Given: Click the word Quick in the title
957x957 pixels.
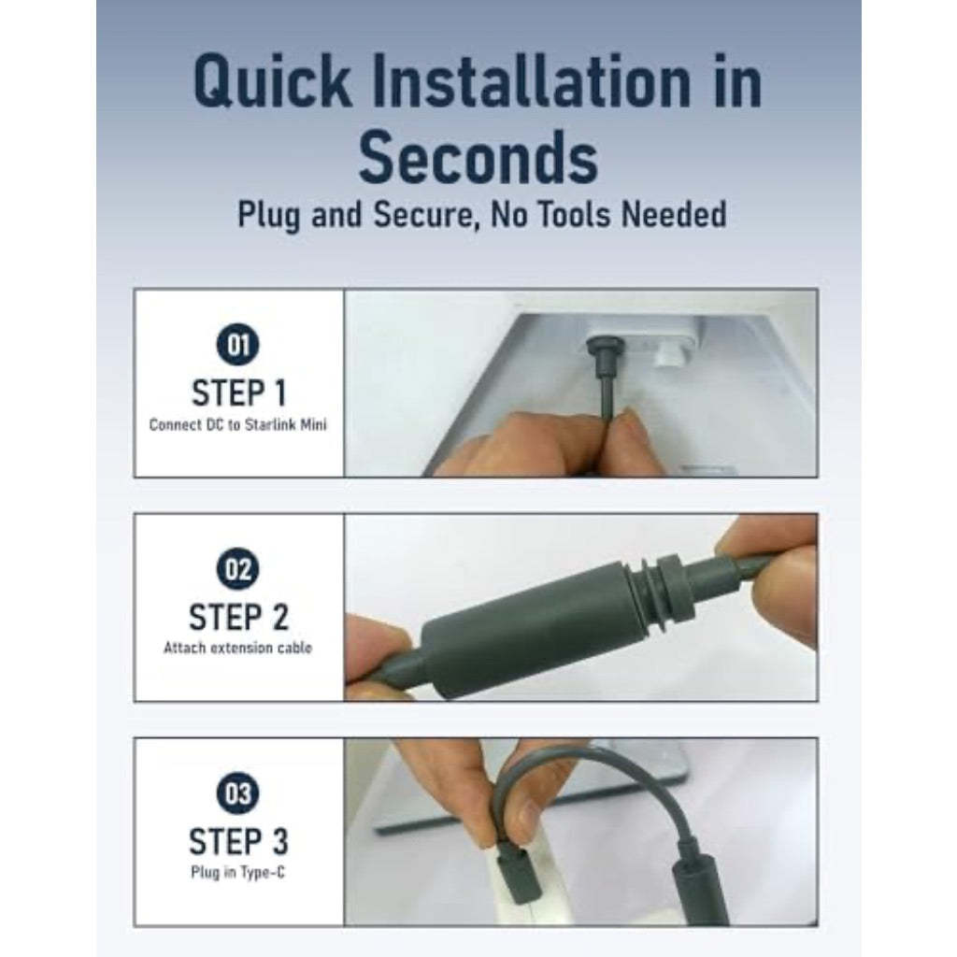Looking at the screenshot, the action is [x=272, y=83].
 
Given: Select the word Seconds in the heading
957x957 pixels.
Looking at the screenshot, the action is [x=478, y=158].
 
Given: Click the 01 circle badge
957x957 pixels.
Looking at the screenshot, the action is [x=237, y=345].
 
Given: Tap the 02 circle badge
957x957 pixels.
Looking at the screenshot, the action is [x=237, y=569].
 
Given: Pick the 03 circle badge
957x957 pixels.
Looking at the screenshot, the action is [x=237, y=793].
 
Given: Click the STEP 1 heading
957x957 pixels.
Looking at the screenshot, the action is [x=238, y=393].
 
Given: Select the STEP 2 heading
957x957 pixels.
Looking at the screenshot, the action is [x=238, y=617].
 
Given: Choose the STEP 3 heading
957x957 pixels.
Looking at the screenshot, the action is [x=238, y=842].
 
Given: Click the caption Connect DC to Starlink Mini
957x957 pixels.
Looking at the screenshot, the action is [x=238, y=425].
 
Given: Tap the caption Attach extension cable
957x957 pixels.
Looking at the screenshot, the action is [x=237, y=648].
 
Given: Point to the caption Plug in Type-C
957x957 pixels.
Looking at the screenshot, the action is [x=237, y=872].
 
